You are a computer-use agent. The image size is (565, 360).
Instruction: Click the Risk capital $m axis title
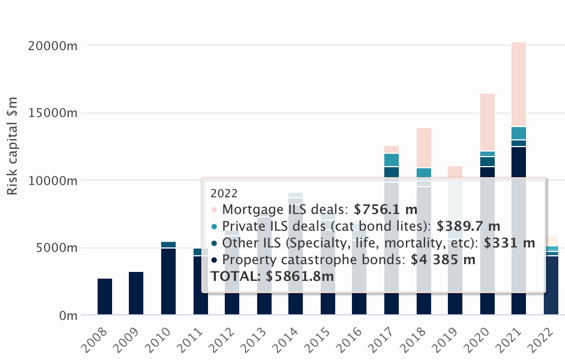12,146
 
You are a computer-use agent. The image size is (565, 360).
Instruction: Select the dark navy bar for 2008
105,296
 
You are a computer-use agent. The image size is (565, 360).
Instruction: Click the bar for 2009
136,294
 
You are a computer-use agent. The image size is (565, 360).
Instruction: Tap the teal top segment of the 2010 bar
168,245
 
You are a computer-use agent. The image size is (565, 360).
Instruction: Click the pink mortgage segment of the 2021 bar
519,84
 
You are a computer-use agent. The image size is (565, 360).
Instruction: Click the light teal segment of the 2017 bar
392,160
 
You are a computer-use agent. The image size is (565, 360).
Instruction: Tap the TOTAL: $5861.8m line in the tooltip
272,276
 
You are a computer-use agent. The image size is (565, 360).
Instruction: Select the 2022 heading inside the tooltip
224,193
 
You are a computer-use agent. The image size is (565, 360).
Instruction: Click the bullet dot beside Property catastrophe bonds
214,260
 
